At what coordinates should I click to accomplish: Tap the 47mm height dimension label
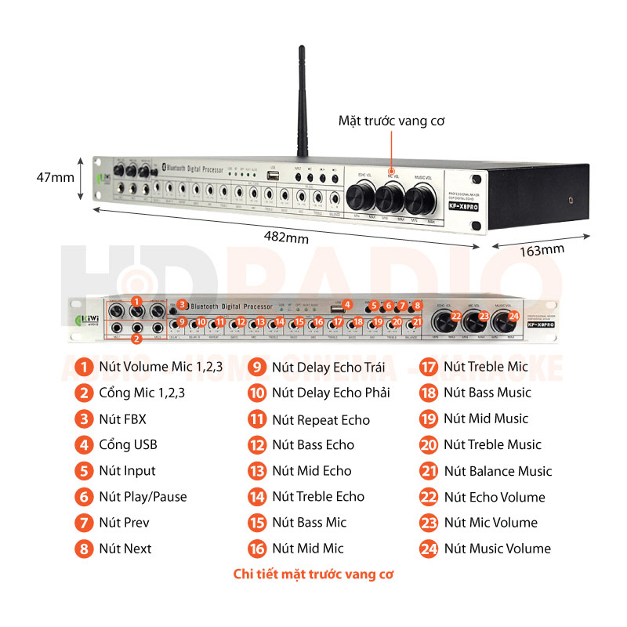click(56, 177)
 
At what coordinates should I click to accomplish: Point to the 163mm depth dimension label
click(542, 250)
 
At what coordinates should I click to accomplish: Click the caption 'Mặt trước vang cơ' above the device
click(392, 121)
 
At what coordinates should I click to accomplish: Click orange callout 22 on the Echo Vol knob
click(457, 316)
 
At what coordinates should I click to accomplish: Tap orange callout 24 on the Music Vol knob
click(514, 316)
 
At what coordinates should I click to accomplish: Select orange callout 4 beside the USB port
click(347, 305)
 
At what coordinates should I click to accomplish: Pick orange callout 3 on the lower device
click(182, 304)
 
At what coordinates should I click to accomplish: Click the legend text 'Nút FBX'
click(122, 419)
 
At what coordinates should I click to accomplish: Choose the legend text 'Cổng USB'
click(128, 444)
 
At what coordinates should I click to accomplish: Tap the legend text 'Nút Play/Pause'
click(143, 497)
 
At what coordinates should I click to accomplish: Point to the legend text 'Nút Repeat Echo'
click(321, 419)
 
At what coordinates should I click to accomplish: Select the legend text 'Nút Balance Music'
click(498, 471)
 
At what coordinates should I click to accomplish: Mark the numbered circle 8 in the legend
click(84, 549)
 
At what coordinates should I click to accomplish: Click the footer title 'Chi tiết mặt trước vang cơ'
click(313, 574)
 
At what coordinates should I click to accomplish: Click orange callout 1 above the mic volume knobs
click(136, 300)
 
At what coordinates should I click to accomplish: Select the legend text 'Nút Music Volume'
click(497, 549)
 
